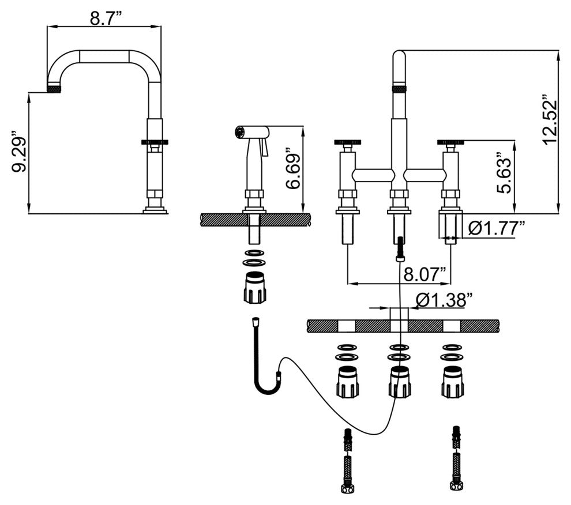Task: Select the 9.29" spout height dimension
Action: tap(19, 154)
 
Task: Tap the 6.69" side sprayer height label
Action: tap(294, 171)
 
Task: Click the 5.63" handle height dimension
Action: tap(504, 174)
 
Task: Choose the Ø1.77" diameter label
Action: tap(495, 229)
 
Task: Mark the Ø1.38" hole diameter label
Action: tap(444, 300)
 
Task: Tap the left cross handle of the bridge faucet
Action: tap(348, 141)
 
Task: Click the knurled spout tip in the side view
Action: tap(54, 88)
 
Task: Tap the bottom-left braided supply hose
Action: tap(348, 461)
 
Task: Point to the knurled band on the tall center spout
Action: tap(399, 88)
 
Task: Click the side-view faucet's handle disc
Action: tap(155, 141)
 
